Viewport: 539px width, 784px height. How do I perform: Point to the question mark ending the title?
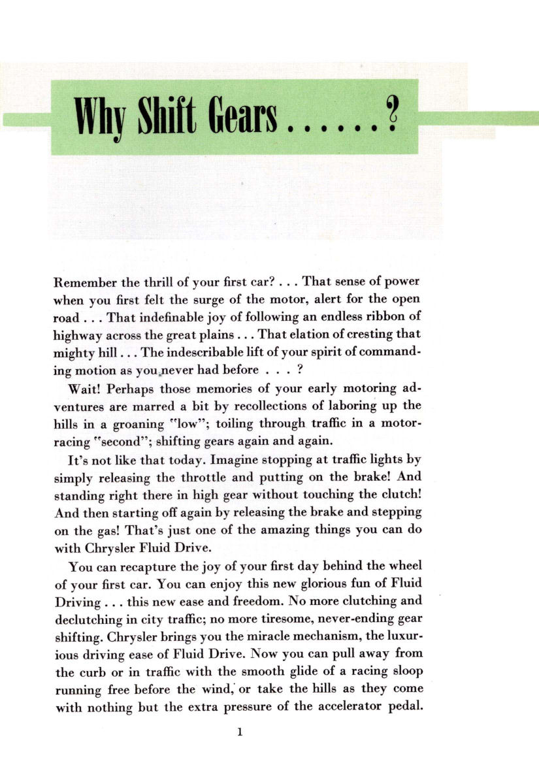coord(392,115)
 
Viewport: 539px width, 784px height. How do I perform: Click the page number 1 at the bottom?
coord(240,732)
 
